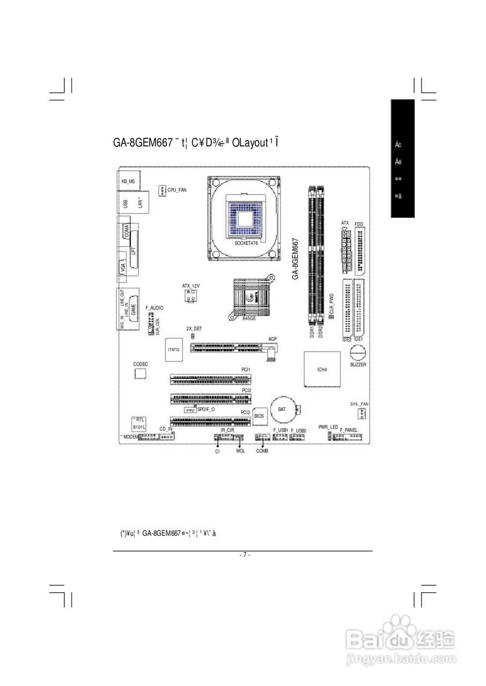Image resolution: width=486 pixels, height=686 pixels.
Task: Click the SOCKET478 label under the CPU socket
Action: (246, 243)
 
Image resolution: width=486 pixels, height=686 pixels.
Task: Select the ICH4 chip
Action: (322, 369)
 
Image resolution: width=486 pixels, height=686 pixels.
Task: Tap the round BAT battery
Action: (282, 409)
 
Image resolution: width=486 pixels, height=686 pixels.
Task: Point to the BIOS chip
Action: (259, 415)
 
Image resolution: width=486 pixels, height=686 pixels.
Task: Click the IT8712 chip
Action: (174, 349)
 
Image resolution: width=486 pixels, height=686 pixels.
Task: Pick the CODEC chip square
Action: (141, 373)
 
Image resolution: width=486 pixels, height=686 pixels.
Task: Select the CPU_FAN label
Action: (178, 190)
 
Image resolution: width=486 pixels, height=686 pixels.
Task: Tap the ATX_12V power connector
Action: (190, 296)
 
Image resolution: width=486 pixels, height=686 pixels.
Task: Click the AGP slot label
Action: (273, 339)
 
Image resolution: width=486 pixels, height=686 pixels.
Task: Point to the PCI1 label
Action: (246, 370)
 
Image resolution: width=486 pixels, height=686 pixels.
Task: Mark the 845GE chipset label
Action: (249, 318)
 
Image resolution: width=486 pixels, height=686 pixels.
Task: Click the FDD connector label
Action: (359, 223)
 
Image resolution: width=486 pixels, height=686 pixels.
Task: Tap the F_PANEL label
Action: (349, 430)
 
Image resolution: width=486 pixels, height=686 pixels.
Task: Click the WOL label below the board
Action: (240, 451)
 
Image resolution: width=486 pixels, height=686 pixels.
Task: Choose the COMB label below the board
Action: (262, 451)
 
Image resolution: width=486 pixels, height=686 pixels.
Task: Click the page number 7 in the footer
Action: (244, 555)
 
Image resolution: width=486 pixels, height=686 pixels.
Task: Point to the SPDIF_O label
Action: (206, 409)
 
